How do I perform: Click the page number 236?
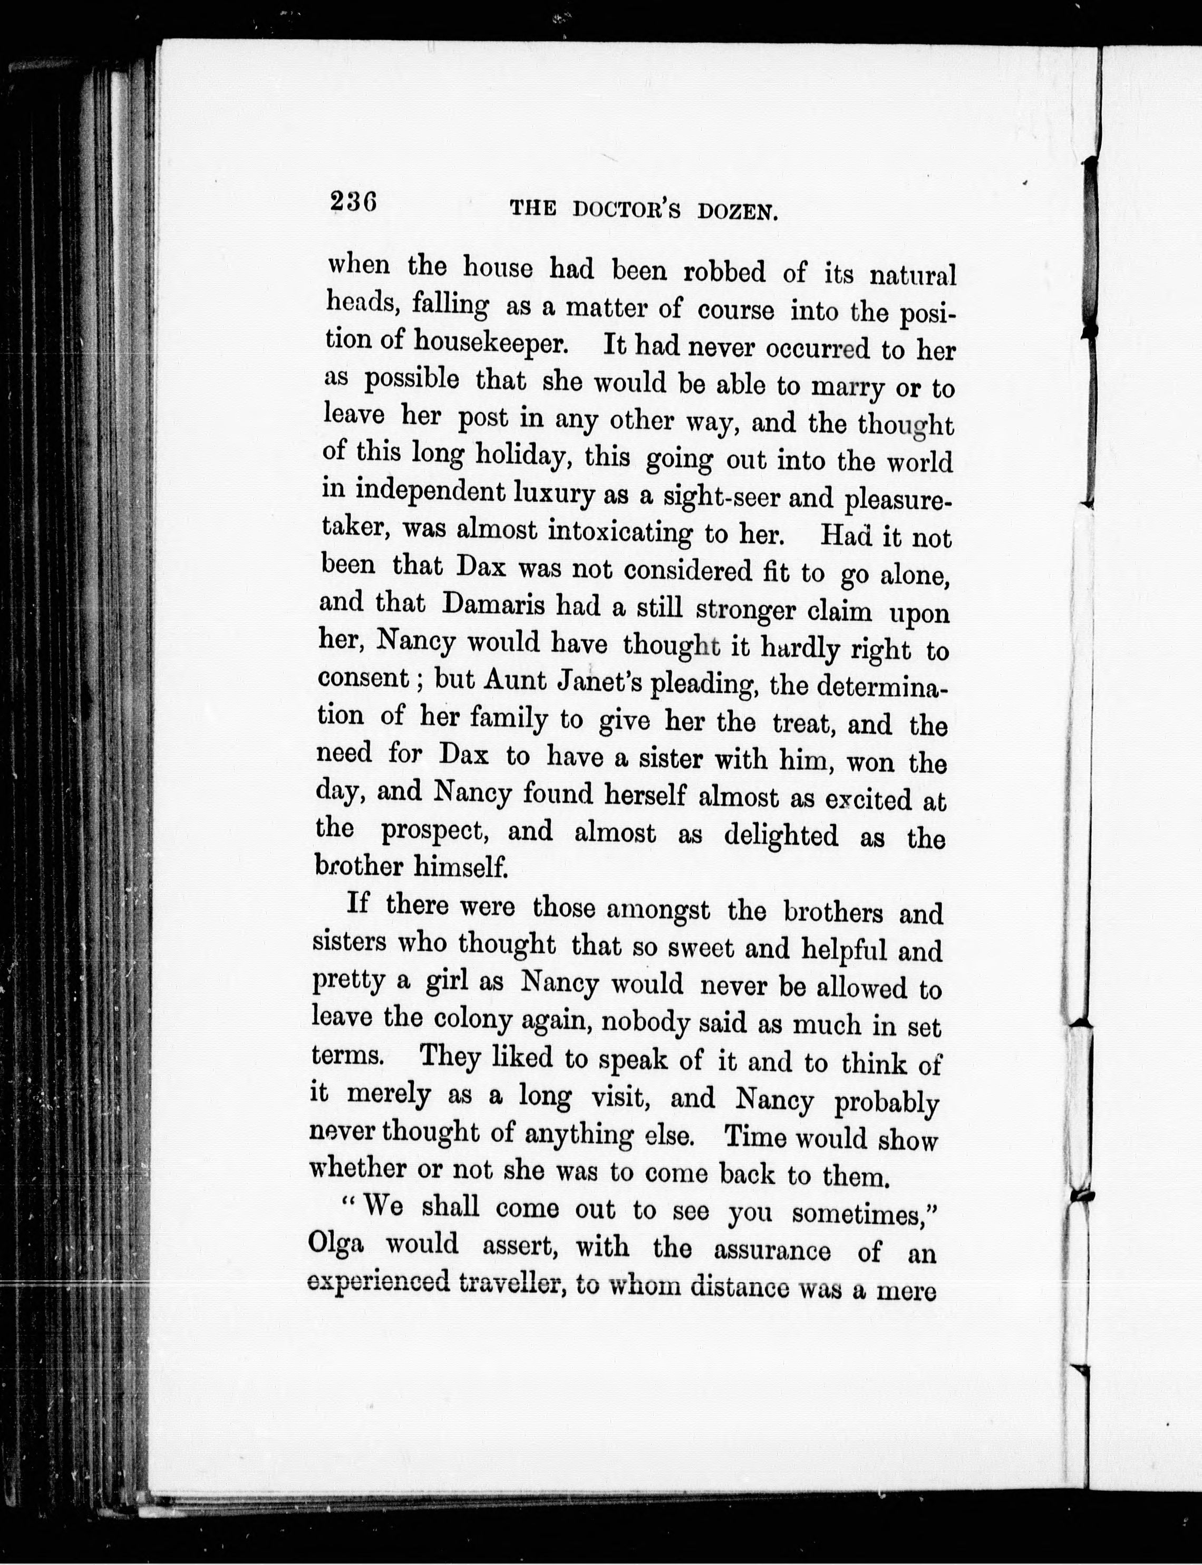point(353,202)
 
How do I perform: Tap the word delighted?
point(781,836)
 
